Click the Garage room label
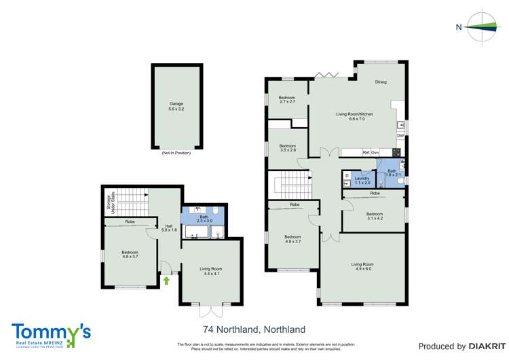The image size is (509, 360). pos(176,106)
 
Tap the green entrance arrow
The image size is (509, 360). pos(166,279)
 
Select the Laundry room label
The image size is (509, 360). pos(362,180)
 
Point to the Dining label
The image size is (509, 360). pos(381,82)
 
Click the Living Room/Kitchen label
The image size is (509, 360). pos(354,116)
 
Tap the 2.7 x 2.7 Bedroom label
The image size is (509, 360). pos(287,100)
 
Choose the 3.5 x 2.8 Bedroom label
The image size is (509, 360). pos(287,147)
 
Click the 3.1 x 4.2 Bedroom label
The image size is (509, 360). pos(375,215)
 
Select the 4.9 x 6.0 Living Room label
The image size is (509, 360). pos(362,266)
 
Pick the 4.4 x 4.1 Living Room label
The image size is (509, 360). pos(211,271)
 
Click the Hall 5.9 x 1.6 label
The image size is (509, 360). pos(169,228)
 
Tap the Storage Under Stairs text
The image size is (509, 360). pos(108,202)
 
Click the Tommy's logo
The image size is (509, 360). pos(51,334)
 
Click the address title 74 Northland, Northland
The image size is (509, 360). pos(254,329)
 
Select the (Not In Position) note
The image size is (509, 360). pos(176,153)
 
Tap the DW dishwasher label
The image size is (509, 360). pos(400,136)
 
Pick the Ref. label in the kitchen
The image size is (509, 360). pos(366,152)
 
